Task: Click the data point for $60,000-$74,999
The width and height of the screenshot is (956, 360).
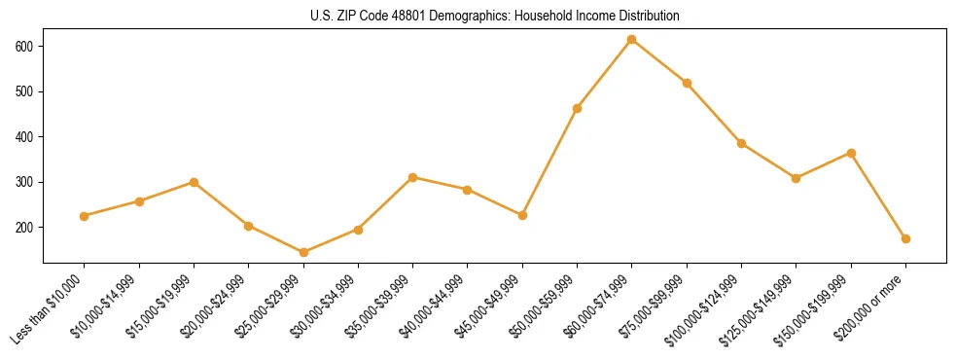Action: coord(632,40)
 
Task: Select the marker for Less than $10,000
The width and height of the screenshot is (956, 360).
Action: coord(85,216)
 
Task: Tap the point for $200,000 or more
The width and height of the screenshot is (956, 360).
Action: coord(905,238)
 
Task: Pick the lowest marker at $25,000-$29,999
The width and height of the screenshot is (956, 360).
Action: coord(303,253)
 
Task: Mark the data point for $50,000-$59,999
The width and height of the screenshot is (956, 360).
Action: coord(578,108)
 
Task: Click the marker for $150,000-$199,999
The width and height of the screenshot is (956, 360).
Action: coord(851,153)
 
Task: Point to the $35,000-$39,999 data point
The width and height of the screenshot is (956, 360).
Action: coord(413,177)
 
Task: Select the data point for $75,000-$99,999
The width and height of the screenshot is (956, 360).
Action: coord(687,84)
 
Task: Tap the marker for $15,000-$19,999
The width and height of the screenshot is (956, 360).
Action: coord(195,182)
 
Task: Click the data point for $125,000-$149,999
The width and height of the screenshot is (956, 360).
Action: coord(797,178)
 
